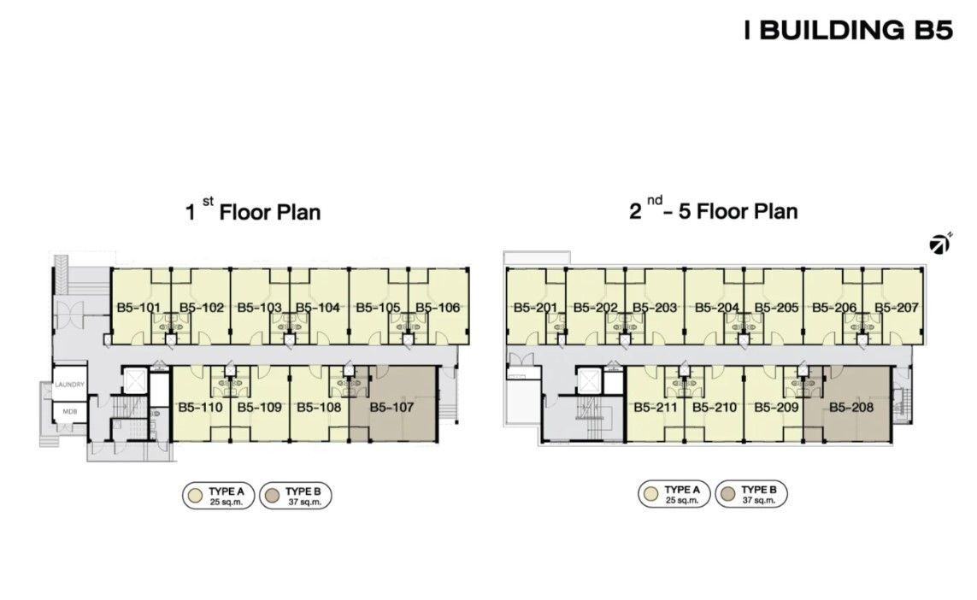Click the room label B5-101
[x=138, y=307]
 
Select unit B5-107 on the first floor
[x=392, y=408]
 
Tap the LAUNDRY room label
[x=69, y=385]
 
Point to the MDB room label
[x=69, y=411]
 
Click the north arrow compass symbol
[x=940, y=244]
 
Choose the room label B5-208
[x=851, y=408]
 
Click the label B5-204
[x=716, y=307]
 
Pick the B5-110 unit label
[x=200, y=408]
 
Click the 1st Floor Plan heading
[x=253, y=210]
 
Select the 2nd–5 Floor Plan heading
[x=714, y=210]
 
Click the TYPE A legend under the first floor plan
[x=218, y=496]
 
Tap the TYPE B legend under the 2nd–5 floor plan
[x=750, y=494]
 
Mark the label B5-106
[x=438, y=307]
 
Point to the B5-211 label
[x=656, y=408]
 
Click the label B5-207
[x=897, y=307]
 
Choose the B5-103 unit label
[x=259, y=307]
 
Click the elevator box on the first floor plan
[x=133, y=380]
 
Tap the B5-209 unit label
[x=776, y=408]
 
